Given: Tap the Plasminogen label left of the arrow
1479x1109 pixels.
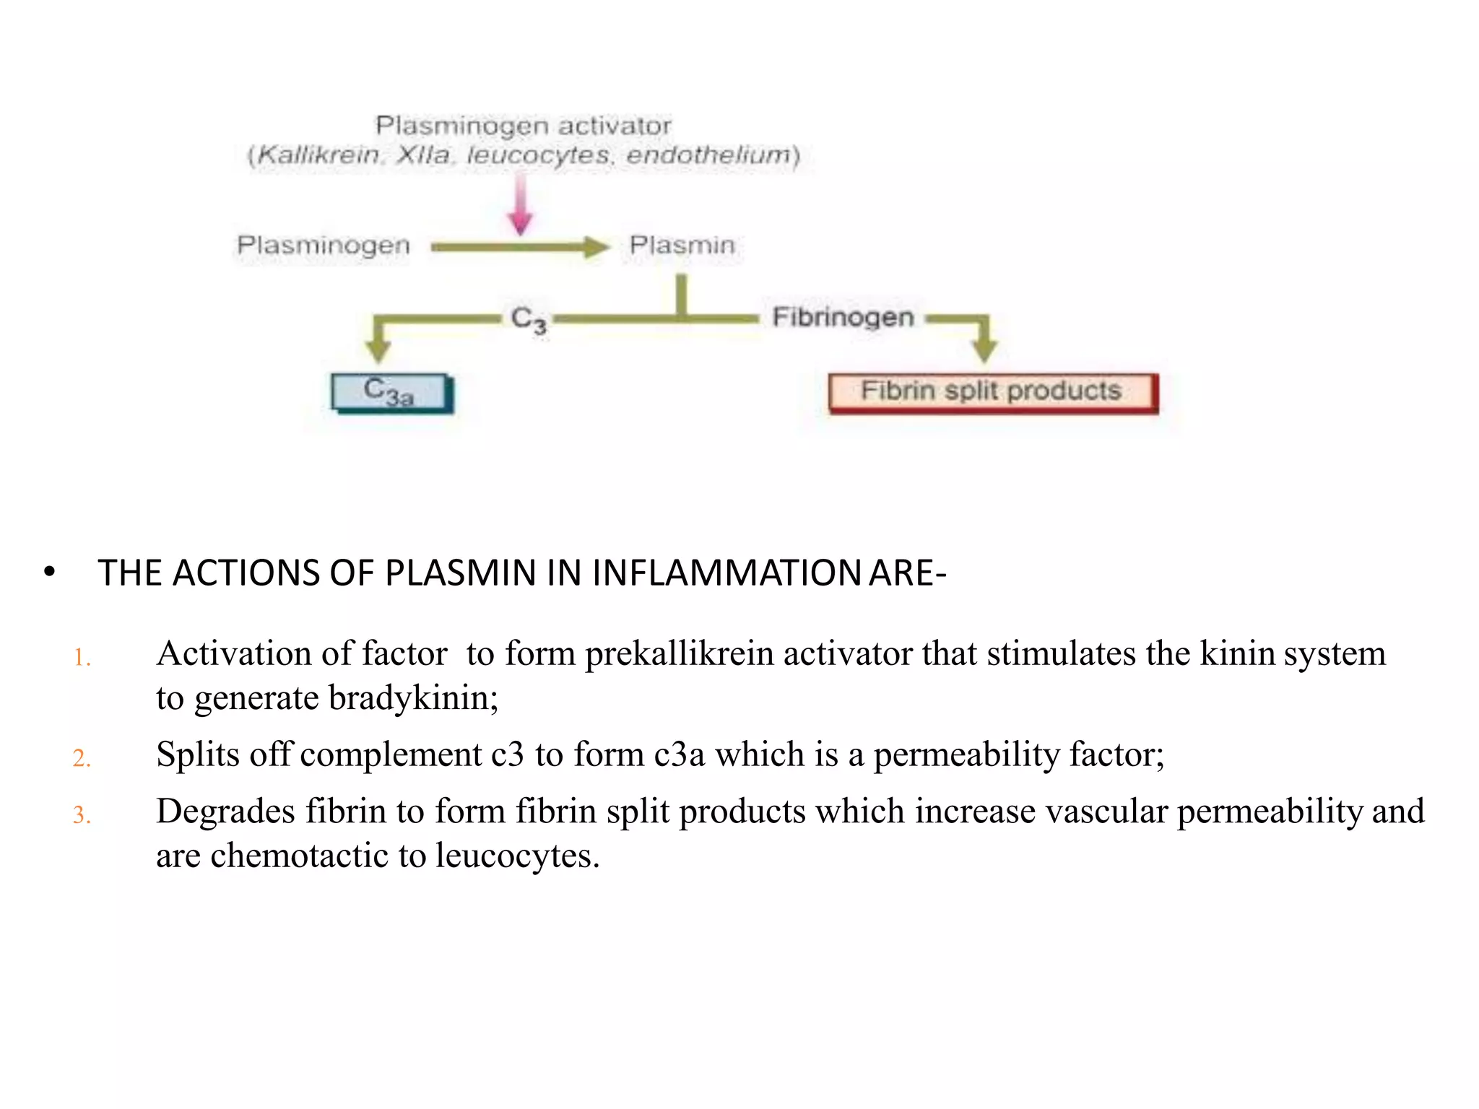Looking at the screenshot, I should click(324, 245).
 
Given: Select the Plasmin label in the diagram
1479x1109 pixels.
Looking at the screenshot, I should click(682, 245).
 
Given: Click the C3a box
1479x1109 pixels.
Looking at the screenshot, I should click(391, 393).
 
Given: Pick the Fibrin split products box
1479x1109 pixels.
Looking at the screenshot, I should click(992, 393).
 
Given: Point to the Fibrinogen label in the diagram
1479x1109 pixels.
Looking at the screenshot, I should click(843, 317).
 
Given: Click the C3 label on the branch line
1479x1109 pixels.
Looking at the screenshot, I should click(528, 318).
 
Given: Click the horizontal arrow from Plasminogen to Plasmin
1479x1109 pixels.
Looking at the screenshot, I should click(520, 248).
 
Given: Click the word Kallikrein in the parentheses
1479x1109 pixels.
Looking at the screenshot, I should click(318, 155).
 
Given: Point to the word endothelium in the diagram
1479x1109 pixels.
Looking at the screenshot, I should click(708, 155).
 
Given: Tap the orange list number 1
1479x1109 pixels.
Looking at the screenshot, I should click(82, 658).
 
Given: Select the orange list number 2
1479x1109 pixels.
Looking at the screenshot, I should click(82, 758).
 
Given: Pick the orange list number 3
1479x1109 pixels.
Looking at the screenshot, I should click(82, 815).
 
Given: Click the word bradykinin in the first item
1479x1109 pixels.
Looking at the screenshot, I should click(412, 698).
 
